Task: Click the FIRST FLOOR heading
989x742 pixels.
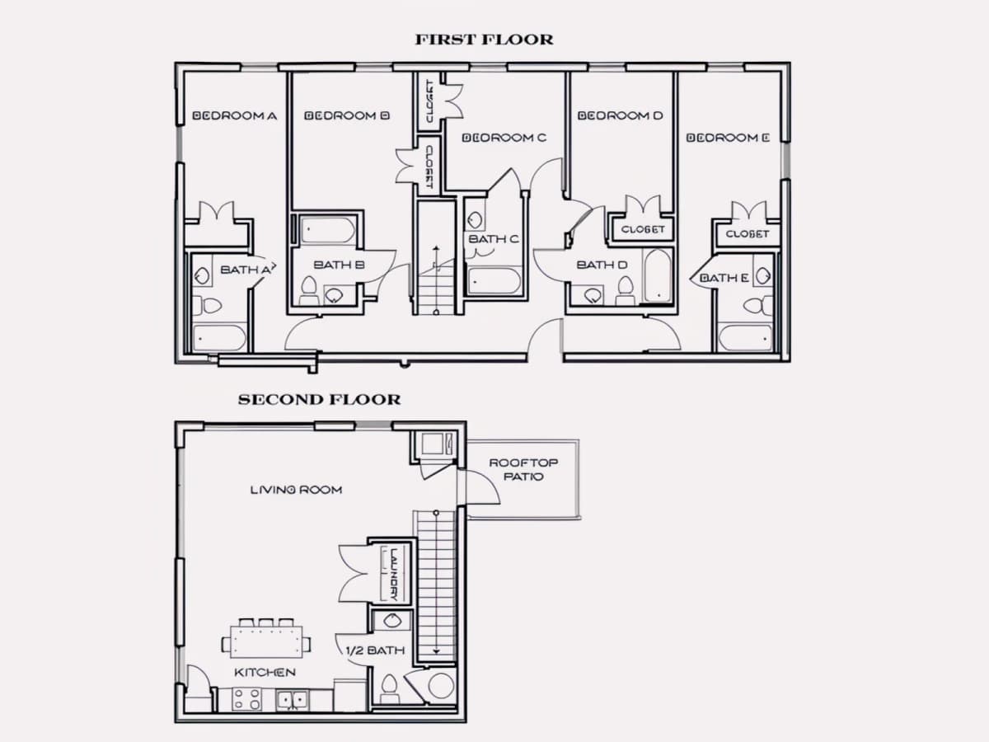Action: pos(484,40)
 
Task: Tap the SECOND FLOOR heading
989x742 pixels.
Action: pos(320,400)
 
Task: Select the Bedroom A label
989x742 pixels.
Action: pos(234,115)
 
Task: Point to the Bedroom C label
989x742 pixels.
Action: pos(504,138)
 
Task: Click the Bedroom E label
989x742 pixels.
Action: pos(728,138)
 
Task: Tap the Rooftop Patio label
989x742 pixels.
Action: pos(523,469)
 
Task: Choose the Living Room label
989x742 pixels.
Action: pos(296,490)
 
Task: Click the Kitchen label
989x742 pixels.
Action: pos(265,672)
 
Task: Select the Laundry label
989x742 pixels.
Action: pos(394,575)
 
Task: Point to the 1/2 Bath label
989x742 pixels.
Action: pos(375,650)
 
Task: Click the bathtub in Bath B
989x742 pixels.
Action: pos(327,231)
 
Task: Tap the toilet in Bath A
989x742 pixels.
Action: pos(208,306)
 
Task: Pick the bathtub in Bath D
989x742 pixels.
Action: pos(658,275)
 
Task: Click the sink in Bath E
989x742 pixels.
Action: pos(763,275)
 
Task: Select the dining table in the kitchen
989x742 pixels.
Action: pos(266,641)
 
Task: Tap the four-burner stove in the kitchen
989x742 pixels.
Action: pos(247,699)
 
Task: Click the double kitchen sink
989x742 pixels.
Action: pos(293,700)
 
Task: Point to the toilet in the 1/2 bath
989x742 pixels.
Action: pos(389,688)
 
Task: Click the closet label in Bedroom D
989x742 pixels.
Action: pos(643,229)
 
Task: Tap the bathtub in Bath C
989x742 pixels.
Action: pos(494,281)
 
